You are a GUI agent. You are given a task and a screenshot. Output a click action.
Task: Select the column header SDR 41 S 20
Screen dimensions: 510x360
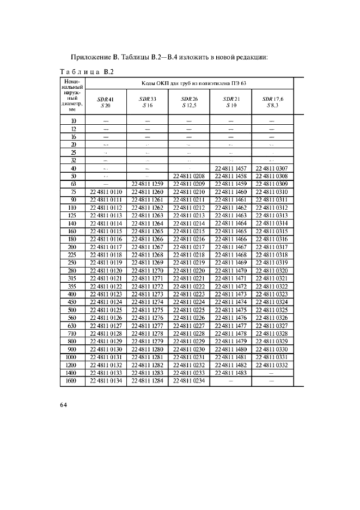coord(106,102)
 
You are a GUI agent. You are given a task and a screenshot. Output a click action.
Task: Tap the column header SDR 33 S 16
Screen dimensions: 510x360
coord(147,102)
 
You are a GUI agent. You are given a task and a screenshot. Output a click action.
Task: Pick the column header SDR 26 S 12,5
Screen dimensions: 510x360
coord(189,102)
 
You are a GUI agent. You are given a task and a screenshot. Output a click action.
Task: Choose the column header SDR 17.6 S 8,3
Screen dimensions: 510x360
coord(272,102)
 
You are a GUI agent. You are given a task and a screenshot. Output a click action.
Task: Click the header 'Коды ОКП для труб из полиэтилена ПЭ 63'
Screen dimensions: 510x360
coord(189,83)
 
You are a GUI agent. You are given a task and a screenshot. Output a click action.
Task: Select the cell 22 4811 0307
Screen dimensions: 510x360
coord(272,169)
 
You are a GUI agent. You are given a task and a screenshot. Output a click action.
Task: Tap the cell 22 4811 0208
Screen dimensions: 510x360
coord(189,177)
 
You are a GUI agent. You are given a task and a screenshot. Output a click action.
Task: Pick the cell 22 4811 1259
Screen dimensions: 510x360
coord(147,184)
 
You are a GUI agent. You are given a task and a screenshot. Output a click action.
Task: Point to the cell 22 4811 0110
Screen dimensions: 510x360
coord(106,192)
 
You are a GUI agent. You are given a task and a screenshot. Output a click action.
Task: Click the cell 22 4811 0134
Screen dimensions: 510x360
coord(106,381)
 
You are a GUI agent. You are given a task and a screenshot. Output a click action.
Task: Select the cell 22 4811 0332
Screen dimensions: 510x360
coord(272,366)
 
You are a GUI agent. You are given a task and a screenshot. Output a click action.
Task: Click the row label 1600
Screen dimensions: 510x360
coord(72,381)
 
